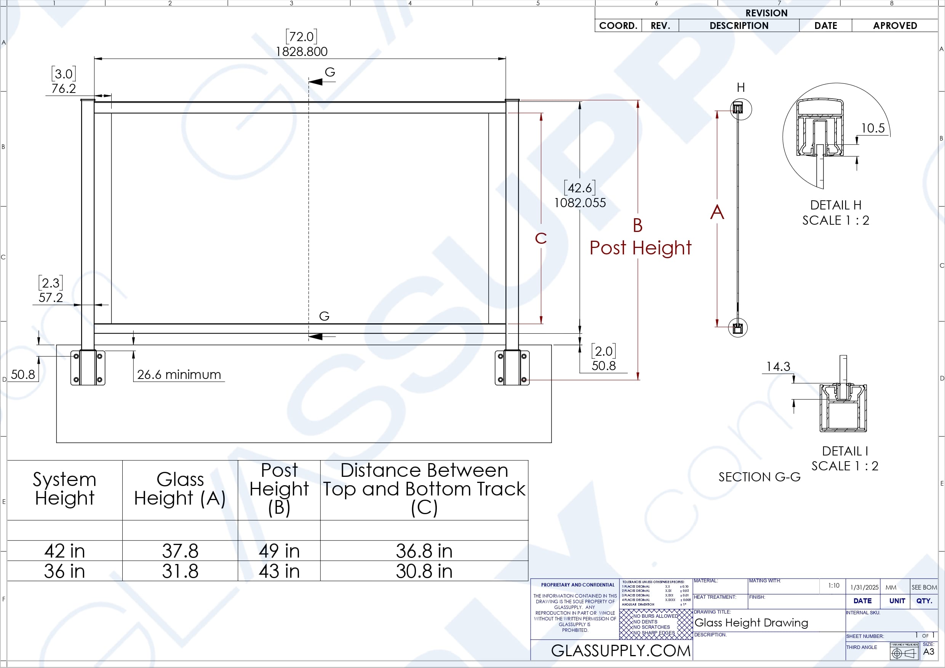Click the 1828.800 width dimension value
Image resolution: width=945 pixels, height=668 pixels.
tap(301, 51)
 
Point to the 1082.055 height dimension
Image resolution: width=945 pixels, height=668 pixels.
tap(580, 203)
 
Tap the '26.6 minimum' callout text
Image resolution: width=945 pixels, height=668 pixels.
tap(179, 374)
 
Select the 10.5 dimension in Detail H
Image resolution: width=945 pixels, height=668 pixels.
tap(873, 128)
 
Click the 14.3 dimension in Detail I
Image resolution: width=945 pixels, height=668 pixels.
tap(778, 366)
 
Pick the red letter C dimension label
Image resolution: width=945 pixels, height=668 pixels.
tap(541, 238)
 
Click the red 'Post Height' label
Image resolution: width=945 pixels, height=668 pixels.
tap(640, 248)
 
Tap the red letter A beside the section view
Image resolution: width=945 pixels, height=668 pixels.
tap(717, 212)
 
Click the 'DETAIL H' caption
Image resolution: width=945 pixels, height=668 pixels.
tap(836, 205)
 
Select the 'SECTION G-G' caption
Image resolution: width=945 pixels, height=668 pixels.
tap(760, 477)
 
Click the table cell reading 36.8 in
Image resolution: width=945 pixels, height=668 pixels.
tap(424, 551)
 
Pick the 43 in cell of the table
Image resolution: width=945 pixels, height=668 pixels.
tap(279, 571)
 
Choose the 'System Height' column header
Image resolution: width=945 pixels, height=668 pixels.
tap(65, 489)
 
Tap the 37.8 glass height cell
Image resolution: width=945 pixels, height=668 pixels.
tap(180, 551)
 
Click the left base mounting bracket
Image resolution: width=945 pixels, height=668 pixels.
tap(88, 368)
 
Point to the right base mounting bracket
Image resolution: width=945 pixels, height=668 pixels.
tap(512, 368)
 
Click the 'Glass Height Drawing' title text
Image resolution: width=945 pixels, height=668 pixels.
tap(751, 623)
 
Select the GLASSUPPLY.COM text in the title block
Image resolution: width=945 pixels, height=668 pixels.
tap(621, 651)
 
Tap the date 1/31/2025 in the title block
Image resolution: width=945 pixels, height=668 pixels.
tap(864, 587)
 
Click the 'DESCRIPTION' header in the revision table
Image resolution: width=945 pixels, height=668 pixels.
tap(739, 26)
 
